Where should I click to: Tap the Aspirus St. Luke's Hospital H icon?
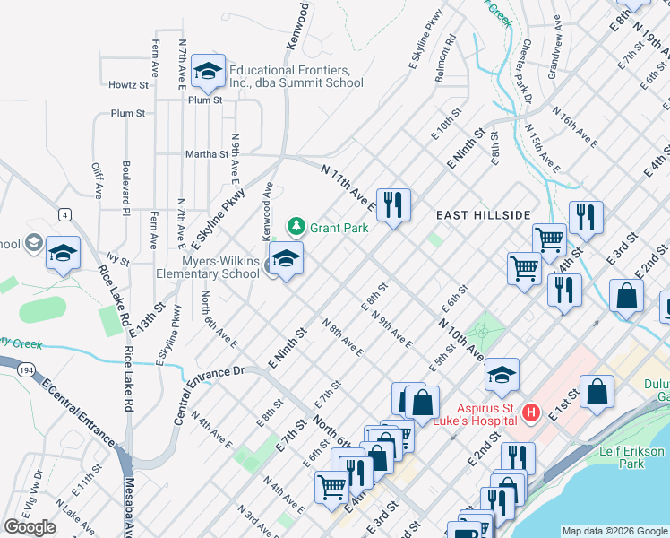(530, 413)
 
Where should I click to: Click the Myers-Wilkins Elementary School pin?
(286, 259)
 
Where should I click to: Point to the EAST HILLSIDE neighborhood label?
(483, 215)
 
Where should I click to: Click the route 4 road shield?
(64, 214)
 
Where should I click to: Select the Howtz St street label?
(128, 85)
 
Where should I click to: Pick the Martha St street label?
(208, 154)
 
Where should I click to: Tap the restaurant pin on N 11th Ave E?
(393, 204)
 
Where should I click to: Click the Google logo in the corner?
(30, 527)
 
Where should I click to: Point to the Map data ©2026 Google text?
(614, 531)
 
